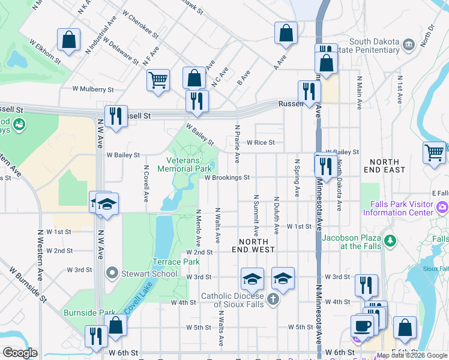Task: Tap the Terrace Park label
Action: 175,262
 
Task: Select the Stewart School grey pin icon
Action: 112,274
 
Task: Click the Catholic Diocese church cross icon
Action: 273,299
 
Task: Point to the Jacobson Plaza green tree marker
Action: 391,241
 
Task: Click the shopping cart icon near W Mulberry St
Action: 157,79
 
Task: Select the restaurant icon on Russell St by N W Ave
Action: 115,115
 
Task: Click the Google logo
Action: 20,353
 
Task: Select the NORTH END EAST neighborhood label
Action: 384,166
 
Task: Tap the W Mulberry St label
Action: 93,89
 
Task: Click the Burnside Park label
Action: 89,313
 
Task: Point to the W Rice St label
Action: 261,143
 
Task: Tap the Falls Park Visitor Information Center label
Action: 402,208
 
